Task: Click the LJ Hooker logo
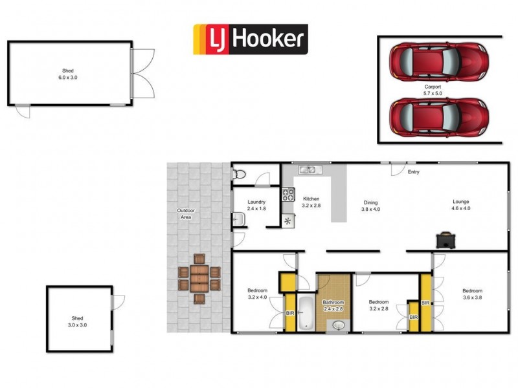coord(251,39)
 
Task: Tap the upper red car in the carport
coord(439,61)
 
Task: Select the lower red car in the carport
coord(439,117)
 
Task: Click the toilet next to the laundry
coord(239,174)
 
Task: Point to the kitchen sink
coord(311,169)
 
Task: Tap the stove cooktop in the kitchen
coord(288,194)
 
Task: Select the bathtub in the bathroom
coord(306,313)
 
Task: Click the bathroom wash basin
coord(339,325)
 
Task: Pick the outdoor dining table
coord(199,279)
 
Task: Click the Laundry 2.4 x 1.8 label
coord(256,205)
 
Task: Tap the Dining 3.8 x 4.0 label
coord(370,206)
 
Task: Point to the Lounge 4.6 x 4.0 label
coord(461,205)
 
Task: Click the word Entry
coord(414,172)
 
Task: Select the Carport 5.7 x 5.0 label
coord(433,90)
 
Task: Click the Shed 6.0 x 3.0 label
coord(68,74)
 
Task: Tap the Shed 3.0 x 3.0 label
coord(77,321)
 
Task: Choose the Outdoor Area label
coord(186,214)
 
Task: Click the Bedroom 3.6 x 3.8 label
coord(473,294)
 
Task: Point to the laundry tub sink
coord(238,219)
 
